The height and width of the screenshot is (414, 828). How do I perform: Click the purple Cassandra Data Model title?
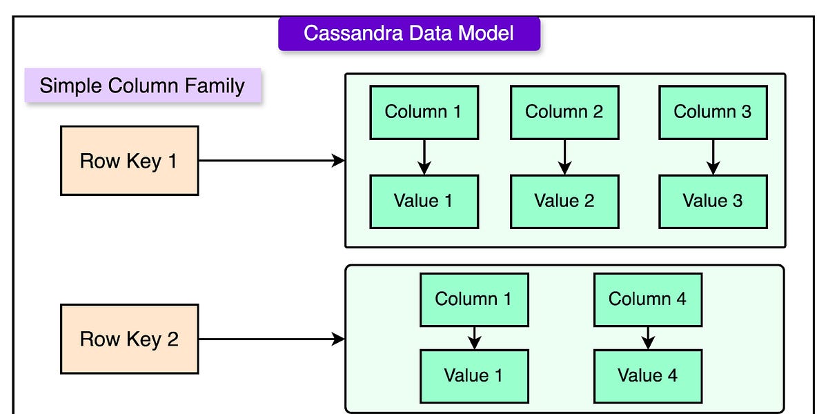408,32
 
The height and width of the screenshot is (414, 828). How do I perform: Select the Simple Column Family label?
143,86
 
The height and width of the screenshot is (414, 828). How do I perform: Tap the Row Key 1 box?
129,161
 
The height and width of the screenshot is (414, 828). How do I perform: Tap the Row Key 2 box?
129,339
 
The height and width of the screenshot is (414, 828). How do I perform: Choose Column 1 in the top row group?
424,112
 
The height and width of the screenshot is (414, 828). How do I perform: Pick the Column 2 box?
564,112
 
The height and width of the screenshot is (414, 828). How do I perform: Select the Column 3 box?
712,112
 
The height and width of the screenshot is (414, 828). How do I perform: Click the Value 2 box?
564,201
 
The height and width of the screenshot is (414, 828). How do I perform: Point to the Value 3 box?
712,201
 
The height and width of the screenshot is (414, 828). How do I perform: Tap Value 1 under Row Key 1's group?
424,201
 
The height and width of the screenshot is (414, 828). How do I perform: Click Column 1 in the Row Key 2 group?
474,299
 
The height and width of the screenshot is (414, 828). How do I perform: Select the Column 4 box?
647,299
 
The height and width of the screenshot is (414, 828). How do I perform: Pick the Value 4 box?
647,375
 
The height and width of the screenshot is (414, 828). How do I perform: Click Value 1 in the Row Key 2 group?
474,375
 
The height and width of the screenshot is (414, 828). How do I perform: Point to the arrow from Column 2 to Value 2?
564,157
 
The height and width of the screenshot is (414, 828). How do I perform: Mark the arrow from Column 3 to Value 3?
713,157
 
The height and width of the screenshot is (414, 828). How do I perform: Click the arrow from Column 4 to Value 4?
647,338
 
